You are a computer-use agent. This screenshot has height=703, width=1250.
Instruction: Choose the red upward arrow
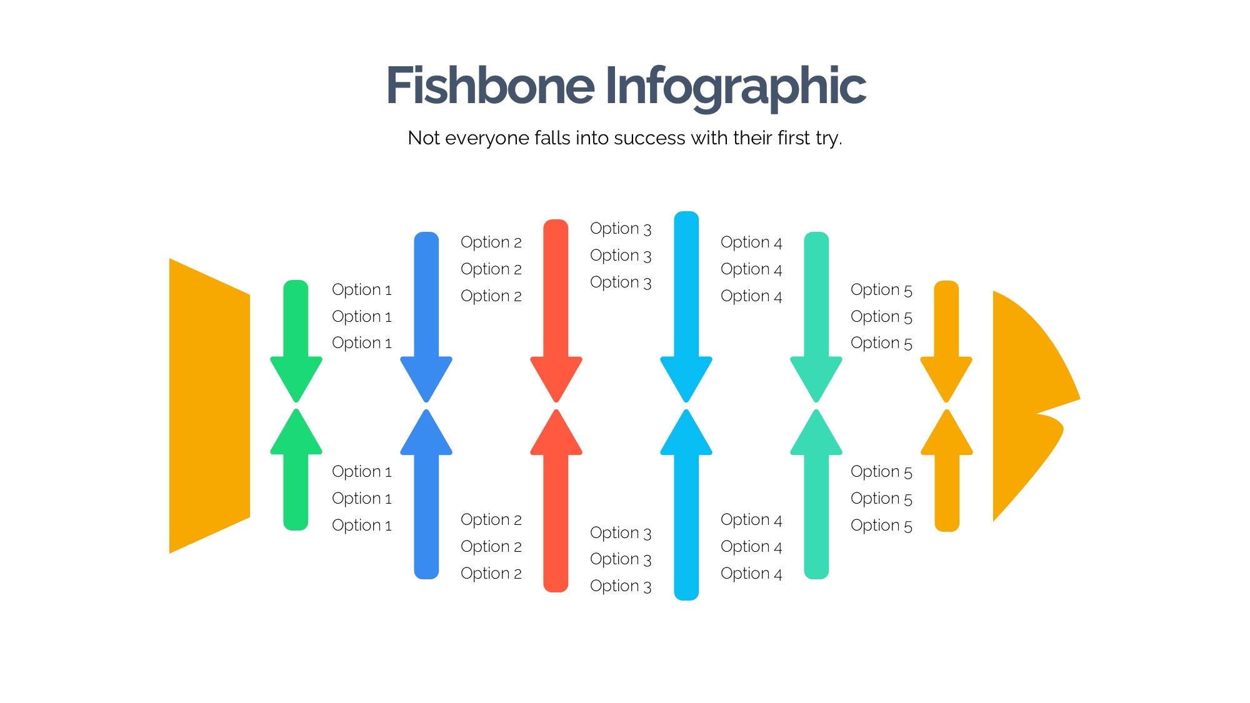556,500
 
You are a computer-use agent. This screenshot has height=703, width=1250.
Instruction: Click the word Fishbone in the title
490,86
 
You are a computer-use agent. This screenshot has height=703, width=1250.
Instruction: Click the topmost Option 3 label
621,229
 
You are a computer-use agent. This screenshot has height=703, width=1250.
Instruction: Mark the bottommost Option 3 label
621,586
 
